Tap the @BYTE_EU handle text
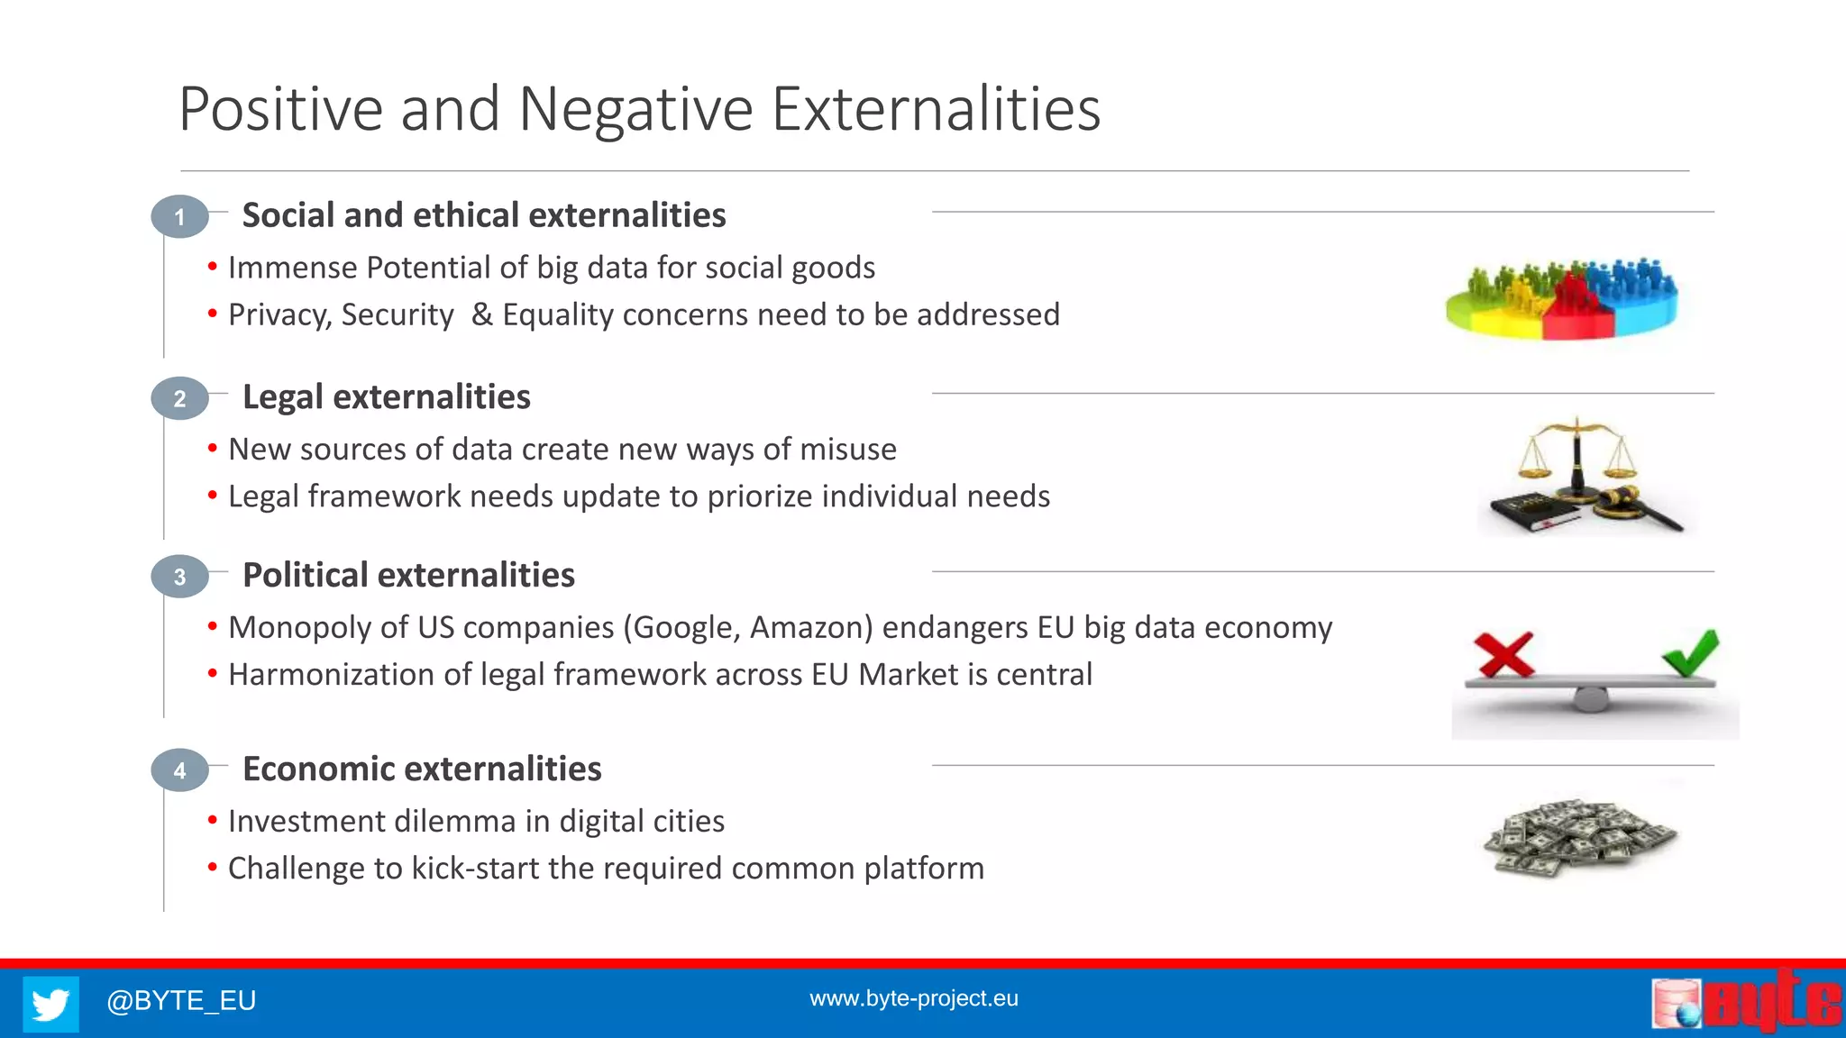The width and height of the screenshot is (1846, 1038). click(x=181, y=1000)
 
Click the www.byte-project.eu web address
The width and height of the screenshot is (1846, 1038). click(x=913, y=998)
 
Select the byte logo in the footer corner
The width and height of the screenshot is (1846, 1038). click(x=1747, y=1002)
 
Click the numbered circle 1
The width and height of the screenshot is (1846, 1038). click(x=179, y=217)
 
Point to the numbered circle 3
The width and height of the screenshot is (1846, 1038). click(x=179, y=577)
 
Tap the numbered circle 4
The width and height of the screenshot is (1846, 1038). click(x=179, y=770)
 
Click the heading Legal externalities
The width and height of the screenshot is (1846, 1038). click(x=386, y=397)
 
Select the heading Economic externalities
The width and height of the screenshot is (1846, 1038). click(x=422, y=769)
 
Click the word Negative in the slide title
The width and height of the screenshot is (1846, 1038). click(x=635, y=110)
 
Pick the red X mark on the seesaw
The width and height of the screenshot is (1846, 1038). click(x=1503, y=654)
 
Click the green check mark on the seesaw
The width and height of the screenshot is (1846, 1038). click(x=1691, y=652)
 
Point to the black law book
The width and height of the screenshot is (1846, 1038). click(x=1532, y=512)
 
